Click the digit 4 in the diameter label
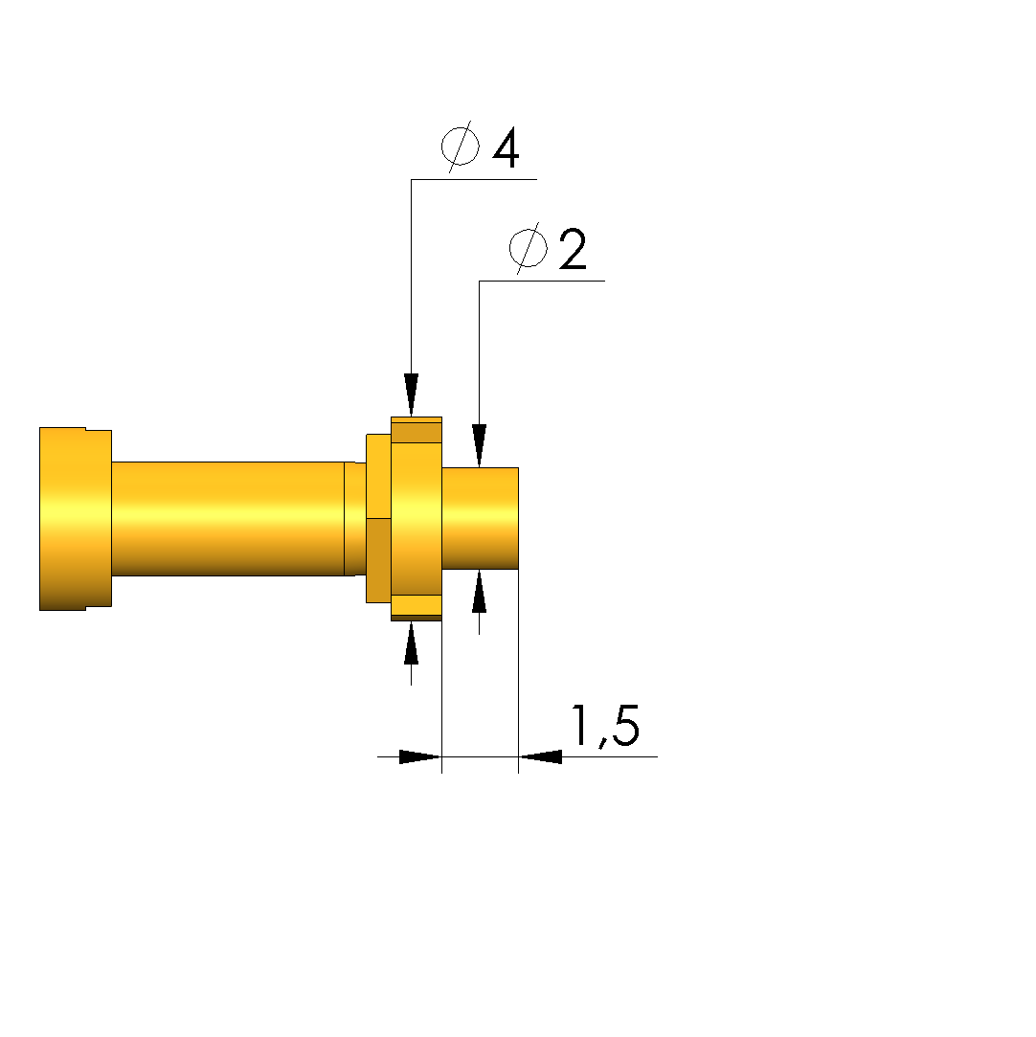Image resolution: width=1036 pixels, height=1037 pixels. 506,148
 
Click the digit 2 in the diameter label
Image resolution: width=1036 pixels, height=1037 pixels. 573,249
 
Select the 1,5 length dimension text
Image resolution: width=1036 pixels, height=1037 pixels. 605,726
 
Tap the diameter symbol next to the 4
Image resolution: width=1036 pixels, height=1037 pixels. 461,147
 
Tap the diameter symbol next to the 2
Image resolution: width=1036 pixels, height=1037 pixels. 529,248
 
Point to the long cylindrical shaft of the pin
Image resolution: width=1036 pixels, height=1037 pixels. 228,519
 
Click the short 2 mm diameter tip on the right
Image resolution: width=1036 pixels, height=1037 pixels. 480,519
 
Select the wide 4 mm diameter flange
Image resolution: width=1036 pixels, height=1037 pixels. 417,519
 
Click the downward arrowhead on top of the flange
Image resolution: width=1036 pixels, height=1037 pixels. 411,395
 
